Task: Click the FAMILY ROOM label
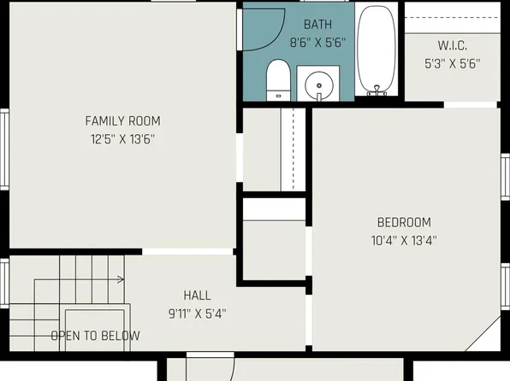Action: pos(122,120)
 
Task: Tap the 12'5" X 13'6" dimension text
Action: pos(122,138)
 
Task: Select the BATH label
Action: pos(317,25)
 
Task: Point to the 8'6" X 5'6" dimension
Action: pos(317,41)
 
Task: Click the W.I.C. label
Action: pos(452,45)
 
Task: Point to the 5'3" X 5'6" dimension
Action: pos(452,62)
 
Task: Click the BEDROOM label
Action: pos(404,222)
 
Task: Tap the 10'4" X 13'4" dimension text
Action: pos(404,240)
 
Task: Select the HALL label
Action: pos(197,296)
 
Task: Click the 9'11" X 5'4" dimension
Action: pos(197,314)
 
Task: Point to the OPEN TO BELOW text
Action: pos(94,336)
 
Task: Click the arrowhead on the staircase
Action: pos(122,278)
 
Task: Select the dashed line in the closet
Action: pos(294,145)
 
